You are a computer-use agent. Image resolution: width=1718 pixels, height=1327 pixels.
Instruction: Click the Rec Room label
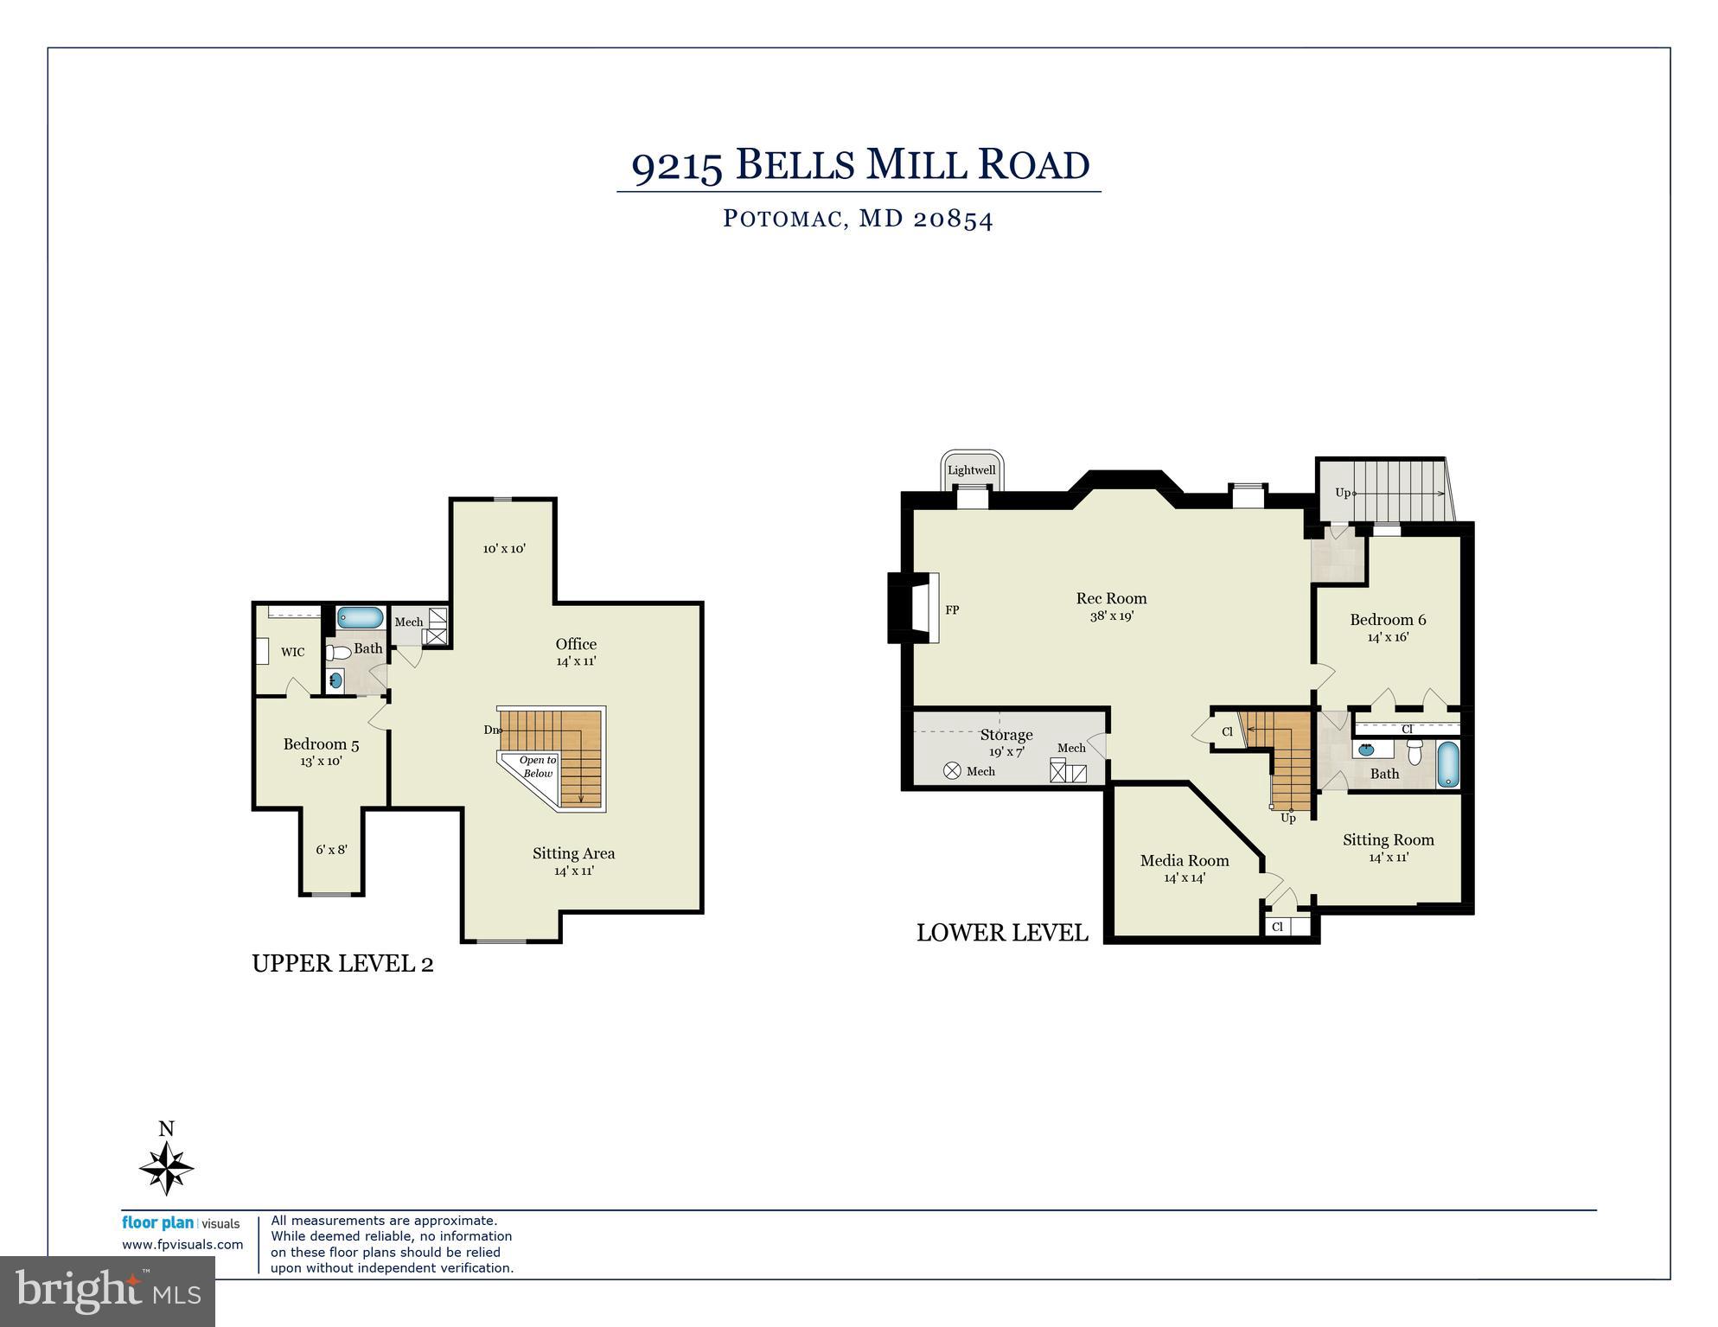[x=1111, y=598]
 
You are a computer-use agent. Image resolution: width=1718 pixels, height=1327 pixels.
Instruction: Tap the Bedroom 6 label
[x=1388, y=620]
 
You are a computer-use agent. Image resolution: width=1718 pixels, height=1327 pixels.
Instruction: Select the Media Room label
[x=1184, y=860]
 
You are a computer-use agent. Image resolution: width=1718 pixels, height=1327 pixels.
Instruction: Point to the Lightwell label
[x=971, y=470]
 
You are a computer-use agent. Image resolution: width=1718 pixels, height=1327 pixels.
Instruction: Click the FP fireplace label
[x=952, y=610]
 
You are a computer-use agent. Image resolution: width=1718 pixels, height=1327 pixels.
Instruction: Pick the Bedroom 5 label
[x=321, y=744]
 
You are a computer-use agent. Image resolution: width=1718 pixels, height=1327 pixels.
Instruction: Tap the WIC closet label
[x=292, y=653]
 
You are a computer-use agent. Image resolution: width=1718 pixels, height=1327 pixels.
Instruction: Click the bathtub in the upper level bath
[x=360, y=617]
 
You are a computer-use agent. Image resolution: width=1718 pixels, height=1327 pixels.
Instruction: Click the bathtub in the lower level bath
[x=1448, y=763]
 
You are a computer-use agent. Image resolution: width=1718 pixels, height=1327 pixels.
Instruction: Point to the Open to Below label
[x=538, y=767]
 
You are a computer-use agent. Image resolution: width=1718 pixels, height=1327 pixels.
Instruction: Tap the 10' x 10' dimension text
[x=504, y=548]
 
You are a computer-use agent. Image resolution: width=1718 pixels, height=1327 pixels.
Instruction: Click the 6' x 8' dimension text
[x=331, y=850]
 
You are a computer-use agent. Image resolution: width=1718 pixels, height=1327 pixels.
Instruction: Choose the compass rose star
[x=166, y=1168]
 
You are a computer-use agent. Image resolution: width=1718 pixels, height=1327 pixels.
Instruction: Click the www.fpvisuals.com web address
[x=182, y=1245]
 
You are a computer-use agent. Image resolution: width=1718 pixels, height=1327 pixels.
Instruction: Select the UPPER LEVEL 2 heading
[x=342, y=963]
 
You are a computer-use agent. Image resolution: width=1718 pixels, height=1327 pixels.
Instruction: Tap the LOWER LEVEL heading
[x=1001, y=933]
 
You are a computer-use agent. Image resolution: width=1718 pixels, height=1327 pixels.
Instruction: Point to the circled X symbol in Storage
[x=952, y=770]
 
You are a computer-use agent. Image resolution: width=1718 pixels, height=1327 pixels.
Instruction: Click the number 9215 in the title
[x=677, y=165]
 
